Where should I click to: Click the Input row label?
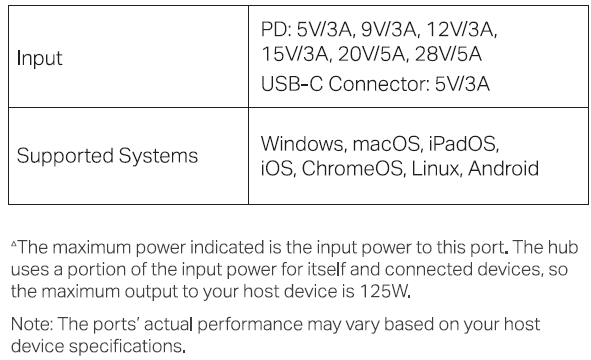[40, 58]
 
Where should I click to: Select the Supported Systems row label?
[107, 155]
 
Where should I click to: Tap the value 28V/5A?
[448, 54]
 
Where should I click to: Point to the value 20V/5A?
[371, 54]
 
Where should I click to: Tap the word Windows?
[301, 143]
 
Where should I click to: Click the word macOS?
[385, 143]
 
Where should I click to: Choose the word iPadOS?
[462, 143]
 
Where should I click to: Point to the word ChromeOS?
[352, 168]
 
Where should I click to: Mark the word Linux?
[435, 168]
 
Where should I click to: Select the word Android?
[503, 168]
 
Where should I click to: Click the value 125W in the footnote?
[383, 291]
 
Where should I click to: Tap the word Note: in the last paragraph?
[32, 324]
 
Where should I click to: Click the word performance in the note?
[250, 324]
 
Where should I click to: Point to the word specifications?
[125, 346]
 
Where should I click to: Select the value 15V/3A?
[294, 54]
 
